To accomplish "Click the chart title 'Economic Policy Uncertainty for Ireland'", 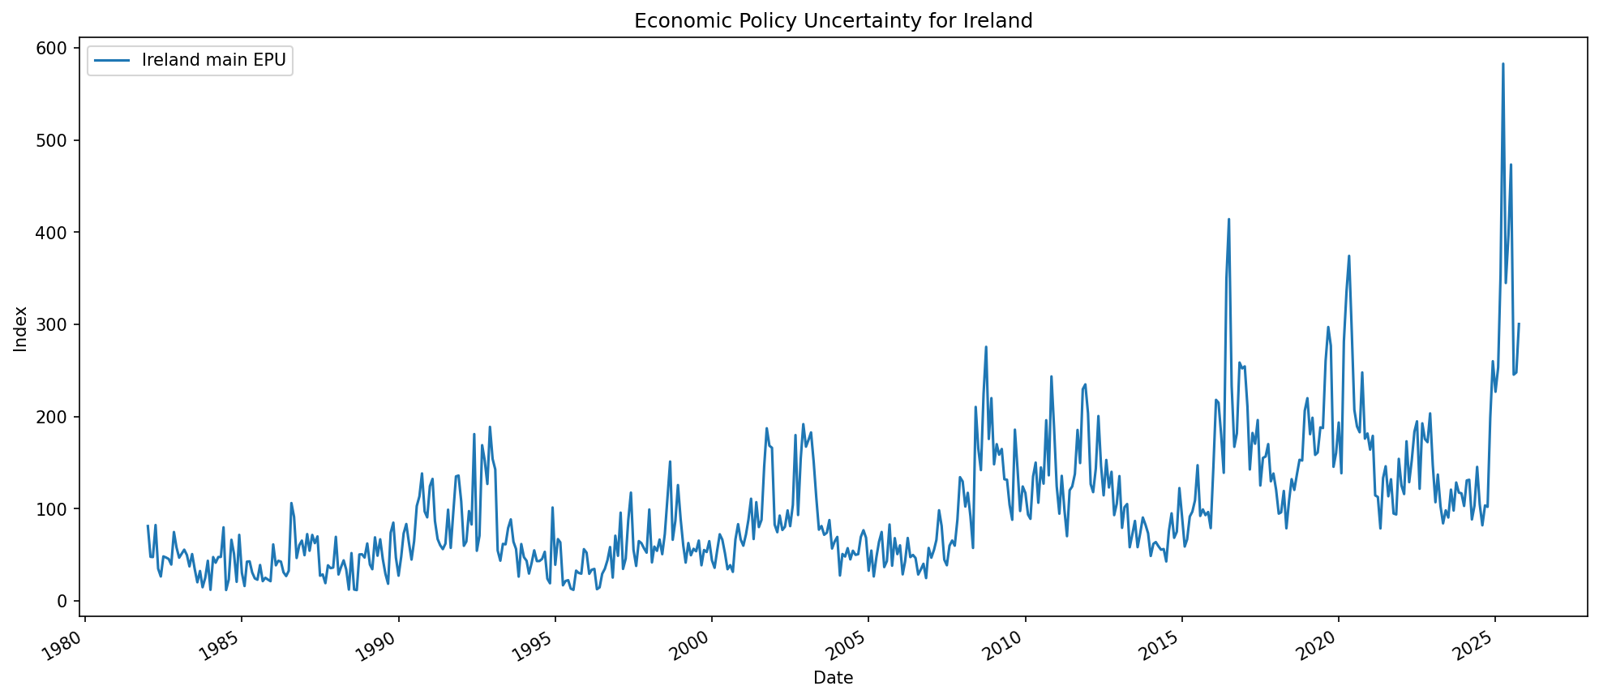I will pyautogui.click(x=833, y=21).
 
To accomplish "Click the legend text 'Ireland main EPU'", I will pyautogui.click(x=213, y=60).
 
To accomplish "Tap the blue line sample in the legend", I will pyautogui.click(x=112, y=61).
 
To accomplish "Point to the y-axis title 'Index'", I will pyautogui.click(x=21, y=328).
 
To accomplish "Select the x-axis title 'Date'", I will pyautogui.click(x=833, y=678).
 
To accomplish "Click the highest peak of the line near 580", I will pyautogui.click(x=1503, y=64).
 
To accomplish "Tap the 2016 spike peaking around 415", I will pyautogui.click(x=1228, y=219).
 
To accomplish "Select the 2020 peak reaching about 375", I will pyautogui.click(x=1348, y=256).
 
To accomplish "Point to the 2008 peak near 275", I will pyautogui.click(x=986, y=347).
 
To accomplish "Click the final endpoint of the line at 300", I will pyautogui.click(x=1519, y=324).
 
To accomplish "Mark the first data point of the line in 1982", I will pyautogui.click(x=148, y=525).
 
